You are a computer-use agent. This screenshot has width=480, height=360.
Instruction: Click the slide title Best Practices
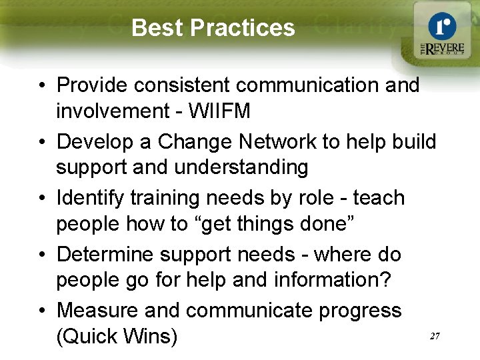point(213,28)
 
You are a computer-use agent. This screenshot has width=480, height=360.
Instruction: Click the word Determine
point(102,254)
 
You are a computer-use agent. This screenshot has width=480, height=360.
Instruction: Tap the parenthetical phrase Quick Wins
point(117,336)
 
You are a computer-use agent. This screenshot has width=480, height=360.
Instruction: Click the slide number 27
point(434,337)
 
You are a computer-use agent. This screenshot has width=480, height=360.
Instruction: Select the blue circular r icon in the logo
point(442,25)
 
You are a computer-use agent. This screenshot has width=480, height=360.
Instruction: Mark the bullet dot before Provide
point(42,86)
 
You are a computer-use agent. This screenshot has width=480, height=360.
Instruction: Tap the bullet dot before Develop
point(42,143)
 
